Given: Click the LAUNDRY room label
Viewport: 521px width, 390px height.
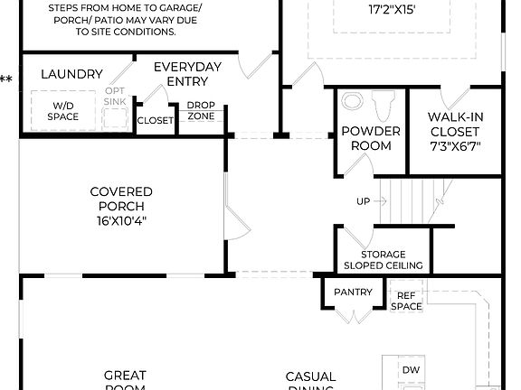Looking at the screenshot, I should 71,74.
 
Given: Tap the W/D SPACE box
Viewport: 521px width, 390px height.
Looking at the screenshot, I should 62,110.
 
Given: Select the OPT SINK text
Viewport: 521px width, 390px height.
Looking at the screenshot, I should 116,96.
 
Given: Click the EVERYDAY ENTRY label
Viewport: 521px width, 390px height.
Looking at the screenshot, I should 187,74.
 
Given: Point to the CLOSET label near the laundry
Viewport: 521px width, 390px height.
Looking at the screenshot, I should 155,120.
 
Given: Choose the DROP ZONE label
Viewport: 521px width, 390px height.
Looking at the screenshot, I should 200,110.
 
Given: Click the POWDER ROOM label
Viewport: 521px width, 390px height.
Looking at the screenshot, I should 371,138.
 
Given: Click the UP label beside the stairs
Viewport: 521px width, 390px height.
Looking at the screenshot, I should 364,201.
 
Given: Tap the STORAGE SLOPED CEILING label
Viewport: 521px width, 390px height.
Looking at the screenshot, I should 375,260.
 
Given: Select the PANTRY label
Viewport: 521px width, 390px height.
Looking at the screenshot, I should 353,292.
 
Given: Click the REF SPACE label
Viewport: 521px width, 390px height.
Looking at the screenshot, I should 406,301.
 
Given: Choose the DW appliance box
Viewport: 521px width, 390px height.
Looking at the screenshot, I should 411,370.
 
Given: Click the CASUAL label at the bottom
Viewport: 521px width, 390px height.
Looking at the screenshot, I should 310,376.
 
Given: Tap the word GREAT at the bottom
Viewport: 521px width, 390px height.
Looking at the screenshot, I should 125,376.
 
